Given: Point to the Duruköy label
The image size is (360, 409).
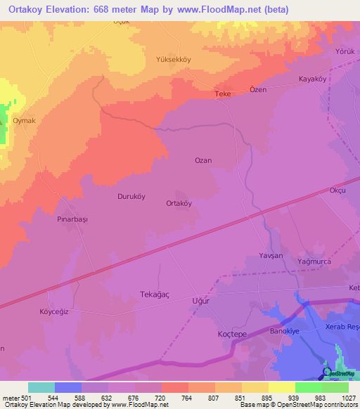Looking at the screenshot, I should (x=131, y=197).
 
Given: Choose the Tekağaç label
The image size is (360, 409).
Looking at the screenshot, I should (x=157, y=294).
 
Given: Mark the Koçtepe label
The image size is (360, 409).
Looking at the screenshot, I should (x=232, y=335).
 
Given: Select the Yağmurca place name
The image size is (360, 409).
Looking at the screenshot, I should (x=314, y=261).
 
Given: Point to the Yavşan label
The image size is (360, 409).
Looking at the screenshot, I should (x=271, y=256).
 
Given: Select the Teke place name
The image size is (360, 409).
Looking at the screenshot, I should (x=223, y=93).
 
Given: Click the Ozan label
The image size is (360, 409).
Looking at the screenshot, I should (x=203, y=160).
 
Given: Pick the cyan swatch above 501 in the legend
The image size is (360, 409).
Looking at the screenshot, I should (x=41, y=387).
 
